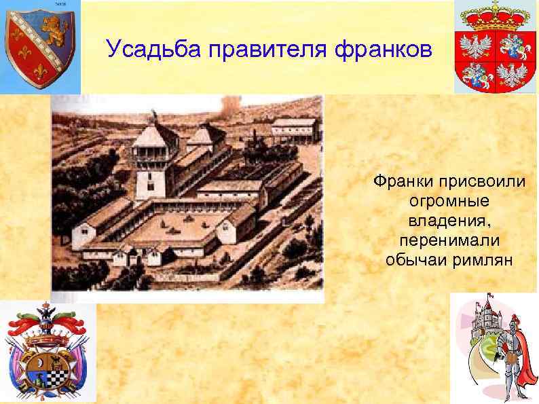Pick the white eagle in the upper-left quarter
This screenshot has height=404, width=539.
(477, 46)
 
